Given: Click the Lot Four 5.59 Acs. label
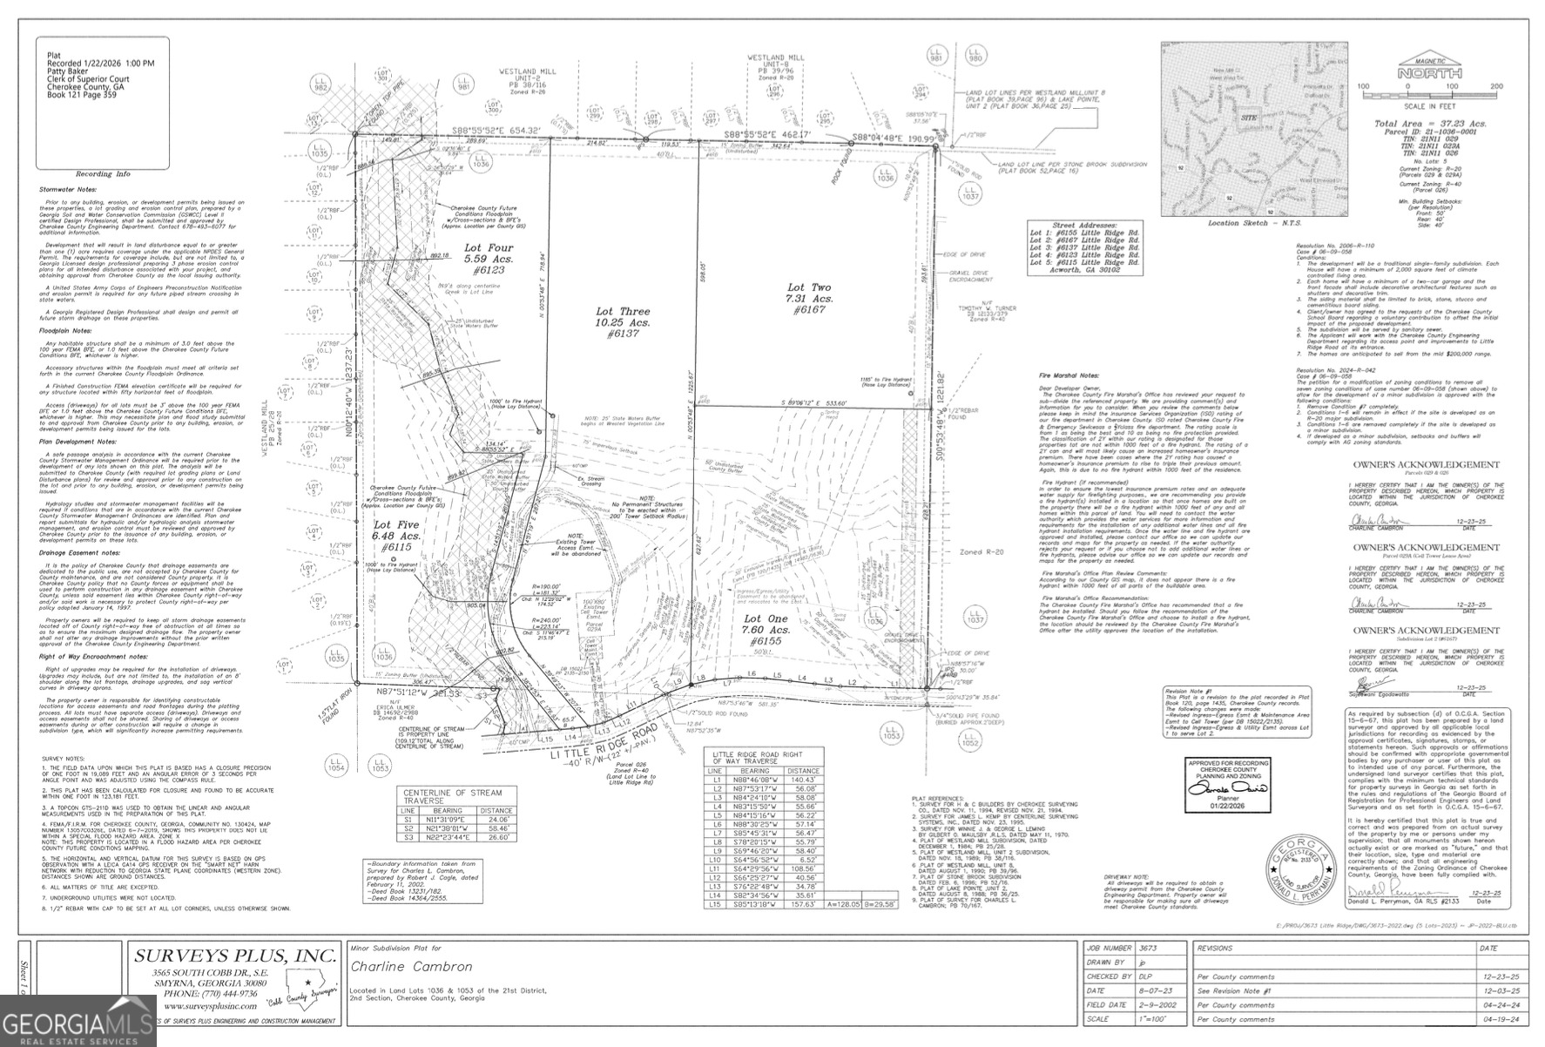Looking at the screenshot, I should pyautogui.click(x=489, y=259).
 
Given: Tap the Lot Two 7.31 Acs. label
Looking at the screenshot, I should pyautogui.click(x=809, y=299).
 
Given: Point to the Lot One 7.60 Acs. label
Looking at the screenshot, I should pyautogui.click(x=767, y=630).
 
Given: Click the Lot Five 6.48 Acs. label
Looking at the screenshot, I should pyautogui.click(x=397, y=537).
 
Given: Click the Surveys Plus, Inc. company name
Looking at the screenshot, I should pyautogui.click(x=234, y=955).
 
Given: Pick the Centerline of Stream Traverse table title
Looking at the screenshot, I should pyautogui.click(x=452, y=796).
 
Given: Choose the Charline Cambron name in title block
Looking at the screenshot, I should pyautogui.click(x=411, y=966).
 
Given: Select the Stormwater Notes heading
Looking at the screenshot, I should pyautogui.click(x=66, y=189).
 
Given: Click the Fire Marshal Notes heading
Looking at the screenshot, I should pyautogui.click(x=1069, y=375).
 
